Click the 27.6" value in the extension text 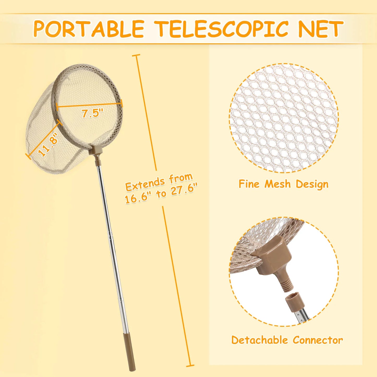184,189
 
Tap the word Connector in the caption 318,340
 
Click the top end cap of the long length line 136,55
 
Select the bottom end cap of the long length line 190,366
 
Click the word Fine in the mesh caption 249,184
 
